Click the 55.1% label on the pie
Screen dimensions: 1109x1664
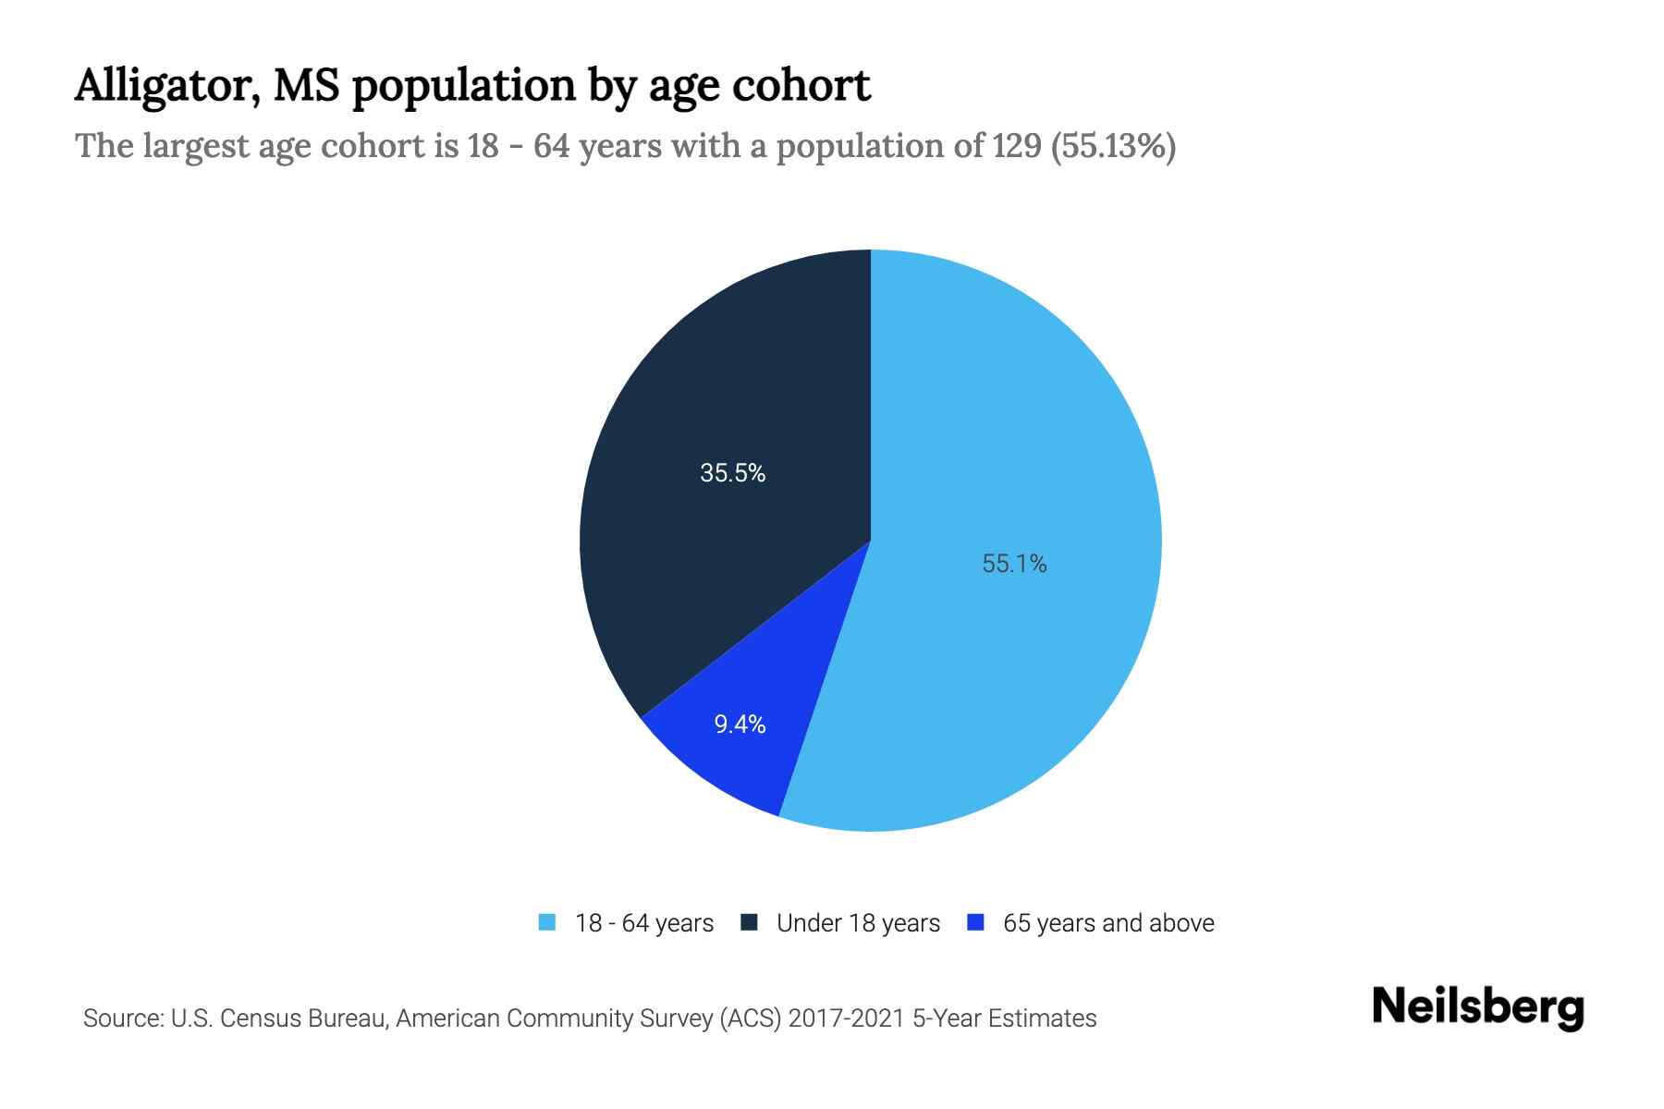point(1014,564)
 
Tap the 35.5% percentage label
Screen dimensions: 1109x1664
point(732,473)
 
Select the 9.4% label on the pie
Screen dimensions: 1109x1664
point(740,725)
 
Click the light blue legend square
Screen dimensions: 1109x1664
point(547,922)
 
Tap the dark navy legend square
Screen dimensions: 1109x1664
point(749,922)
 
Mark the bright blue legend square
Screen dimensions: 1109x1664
point(974,922)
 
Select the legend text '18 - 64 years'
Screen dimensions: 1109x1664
point(644,923)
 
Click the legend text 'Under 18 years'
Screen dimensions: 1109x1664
point(858,923)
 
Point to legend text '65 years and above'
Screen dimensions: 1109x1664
point(1108,923)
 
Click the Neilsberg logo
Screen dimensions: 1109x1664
point(1477,1007)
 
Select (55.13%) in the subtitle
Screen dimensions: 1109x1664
point(1113,146)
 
